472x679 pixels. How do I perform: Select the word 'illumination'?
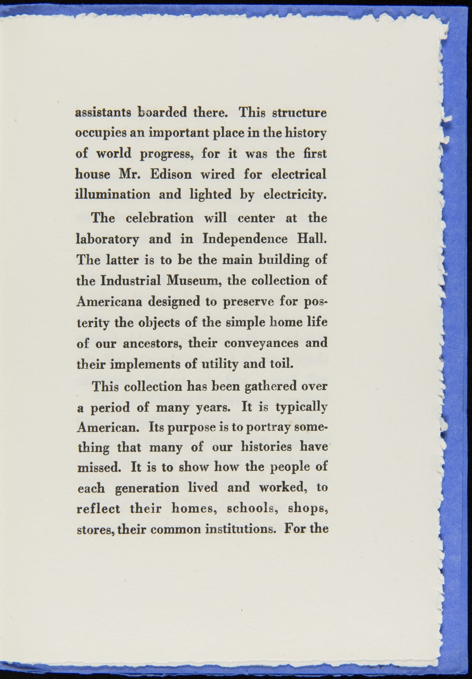point(112,194)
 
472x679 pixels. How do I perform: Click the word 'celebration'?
point(159,218)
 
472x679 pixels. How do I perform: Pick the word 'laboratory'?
point(107,239)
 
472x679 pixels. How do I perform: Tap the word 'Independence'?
point(245,239)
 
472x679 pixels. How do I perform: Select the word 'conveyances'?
point(262,343)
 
